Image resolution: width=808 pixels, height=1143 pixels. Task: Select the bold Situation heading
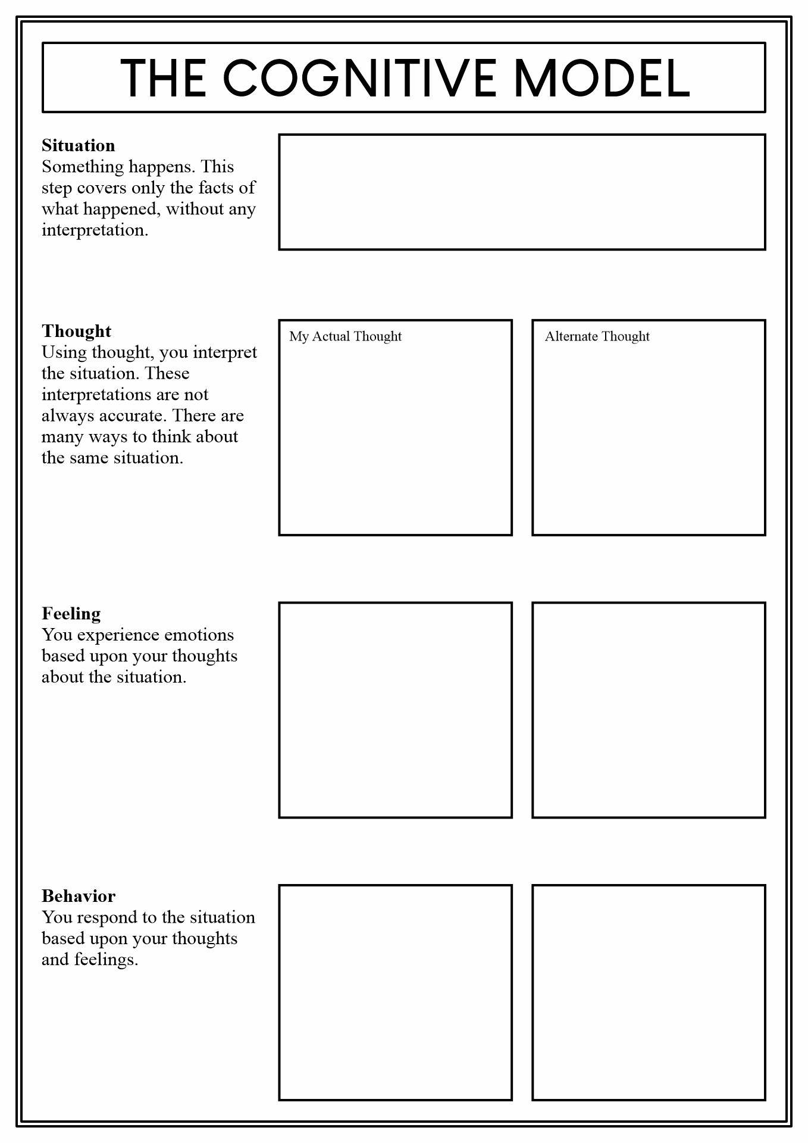pyautogui.click(x=78, y=146)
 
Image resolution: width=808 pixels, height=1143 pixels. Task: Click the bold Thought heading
pyautogui.click(x=76, y=331)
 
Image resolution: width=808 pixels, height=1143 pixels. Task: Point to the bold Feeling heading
pyautogui.click(x=71, y=614)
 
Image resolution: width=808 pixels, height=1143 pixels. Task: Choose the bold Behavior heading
pyautogui.click(x=79, y=896)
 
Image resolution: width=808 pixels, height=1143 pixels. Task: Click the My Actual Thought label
pyautogui.click(x=345, y=336)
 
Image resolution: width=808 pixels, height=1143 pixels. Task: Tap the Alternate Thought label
pyautogui.click(x=597, y=336)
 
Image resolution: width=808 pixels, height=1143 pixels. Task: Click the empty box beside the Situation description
pyautogui.click(x=522, y=192)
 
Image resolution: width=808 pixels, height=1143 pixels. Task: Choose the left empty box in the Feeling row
pyautogui.click(x=395, y=710)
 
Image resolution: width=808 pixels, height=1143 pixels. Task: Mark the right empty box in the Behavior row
pyautogui.click(x=649, y=992)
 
